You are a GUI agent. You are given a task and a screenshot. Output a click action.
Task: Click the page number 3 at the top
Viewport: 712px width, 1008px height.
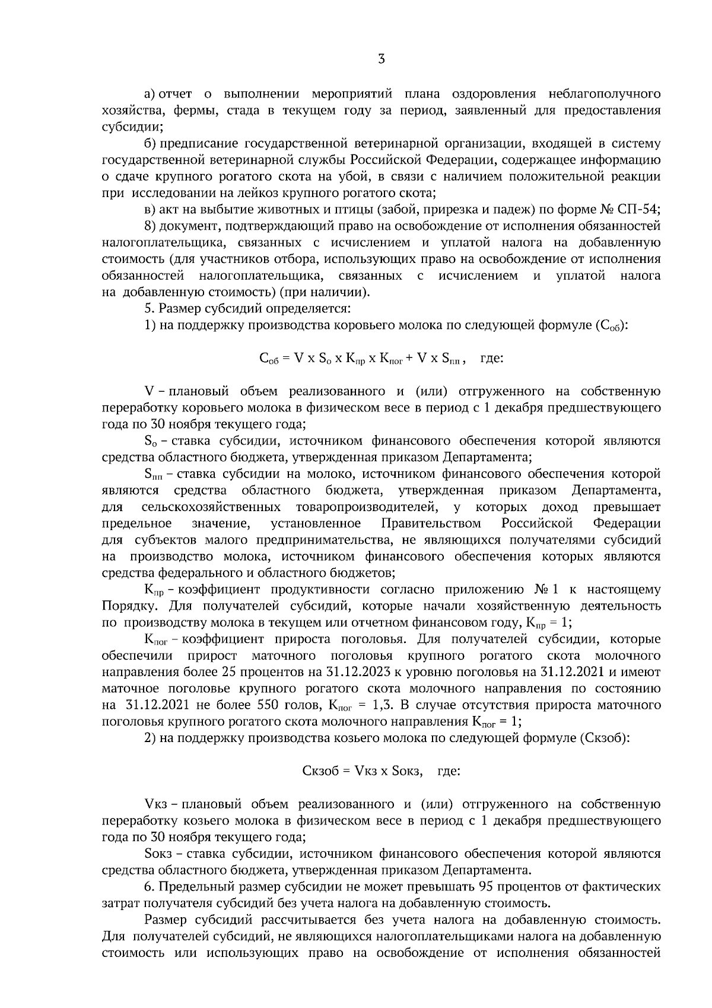382,59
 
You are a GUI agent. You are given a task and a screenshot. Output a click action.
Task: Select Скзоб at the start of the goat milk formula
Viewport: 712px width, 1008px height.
320,772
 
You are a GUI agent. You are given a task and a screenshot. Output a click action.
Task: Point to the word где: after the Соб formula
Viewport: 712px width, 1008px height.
492,359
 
